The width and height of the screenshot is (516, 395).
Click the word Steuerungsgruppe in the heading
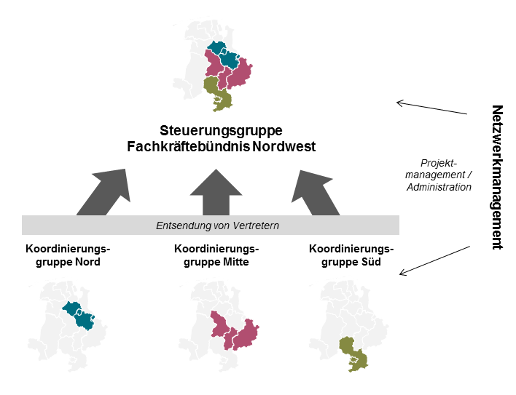221,131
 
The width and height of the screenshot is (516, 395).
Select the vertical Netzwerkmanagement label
497,177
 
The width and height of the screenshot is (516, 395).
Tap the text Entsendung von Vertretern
217,226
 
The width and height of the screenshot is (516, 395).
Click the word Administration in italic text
440,186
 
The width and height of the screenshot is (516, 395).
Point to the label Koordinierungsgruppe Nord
63,255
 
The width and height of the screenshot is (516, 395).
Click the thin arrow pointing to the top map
431,108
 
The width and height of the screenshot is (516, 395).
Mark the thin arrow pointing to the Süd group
435,261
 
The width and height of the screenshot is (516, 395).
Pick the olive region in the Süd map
353,352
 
